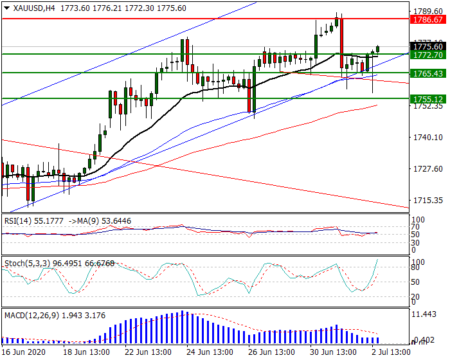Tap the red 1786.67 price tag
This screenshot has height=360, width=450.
[428, 20]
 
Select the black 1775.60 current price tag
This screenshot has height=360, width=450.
[428, 46]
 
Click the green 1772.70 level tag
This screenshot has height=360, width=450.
[428, 55]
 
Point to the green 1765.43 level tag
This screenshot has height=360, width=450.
[428, 74]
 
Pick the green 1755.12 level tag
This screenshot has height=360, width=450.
[428, 99]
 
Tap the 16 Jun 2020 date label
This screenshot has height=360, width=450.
[23, 352]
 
